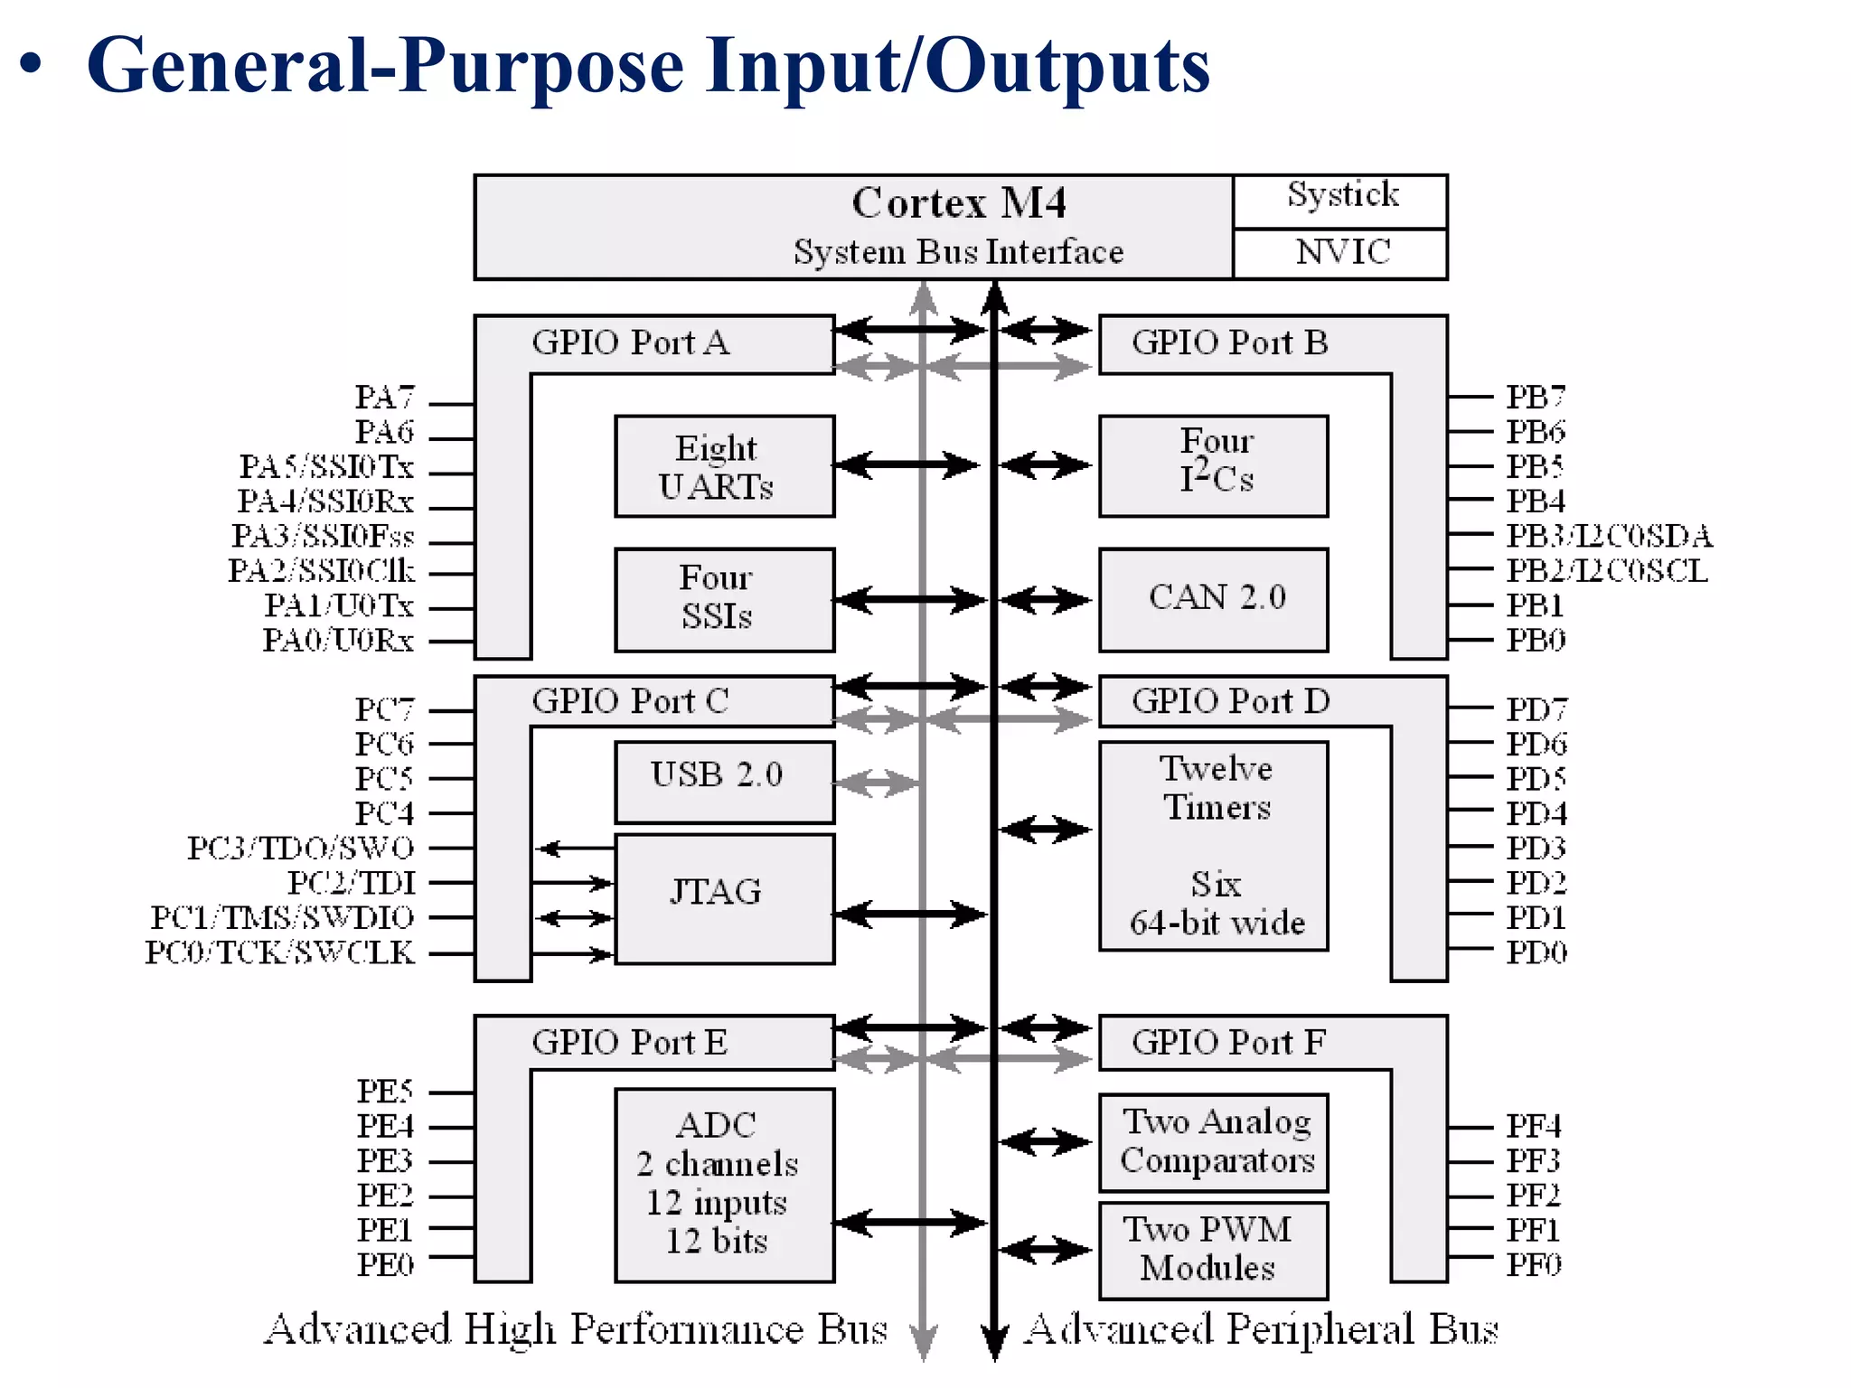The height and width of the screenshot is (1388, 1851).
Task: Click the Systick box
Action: [1341, 200]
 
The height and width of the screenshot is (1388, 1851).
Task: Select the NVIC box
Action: [1341, 252]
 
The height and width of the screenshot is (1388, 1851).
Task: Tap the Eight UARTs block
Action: [724, 466]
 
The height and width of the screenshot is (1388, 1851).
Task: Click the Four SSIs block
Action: [724, 598]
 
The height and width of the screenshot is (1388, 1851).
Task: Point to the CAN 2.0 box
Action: [1214, 598]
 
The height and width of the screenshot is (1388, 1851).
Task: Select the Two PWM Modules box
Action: [1214, 1249]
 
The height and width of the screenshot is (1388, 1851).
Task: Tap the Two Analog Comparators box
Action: [1214, 1142]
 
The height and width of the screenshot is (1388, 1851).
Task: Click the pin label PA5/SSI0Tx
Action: [326, 467]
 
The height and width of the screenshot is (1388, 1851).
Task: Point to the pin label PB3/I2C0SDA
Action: [1608, 536]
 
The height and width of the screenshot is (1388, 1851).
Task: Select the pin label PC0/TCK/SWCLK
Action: [280, 952]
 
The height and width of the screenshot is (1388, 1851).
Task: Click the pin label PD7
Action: [1536, 709]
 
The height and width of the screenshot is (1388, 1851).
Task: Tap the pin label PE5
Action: [385, 1092]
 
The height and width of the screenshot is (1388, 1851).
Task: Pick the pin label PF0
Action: [1533, 1264]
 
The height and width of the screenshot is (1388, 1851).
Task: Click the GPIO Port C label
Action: [630, 701]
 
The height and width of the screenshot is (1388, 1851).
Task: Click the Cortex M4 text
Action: [959, 203]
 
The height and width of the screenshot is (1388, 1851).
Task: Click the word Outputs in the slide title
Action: [1067, 68]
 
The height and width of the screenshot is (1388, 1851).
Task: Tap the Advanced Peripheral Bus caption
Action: [1261, 1330]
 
